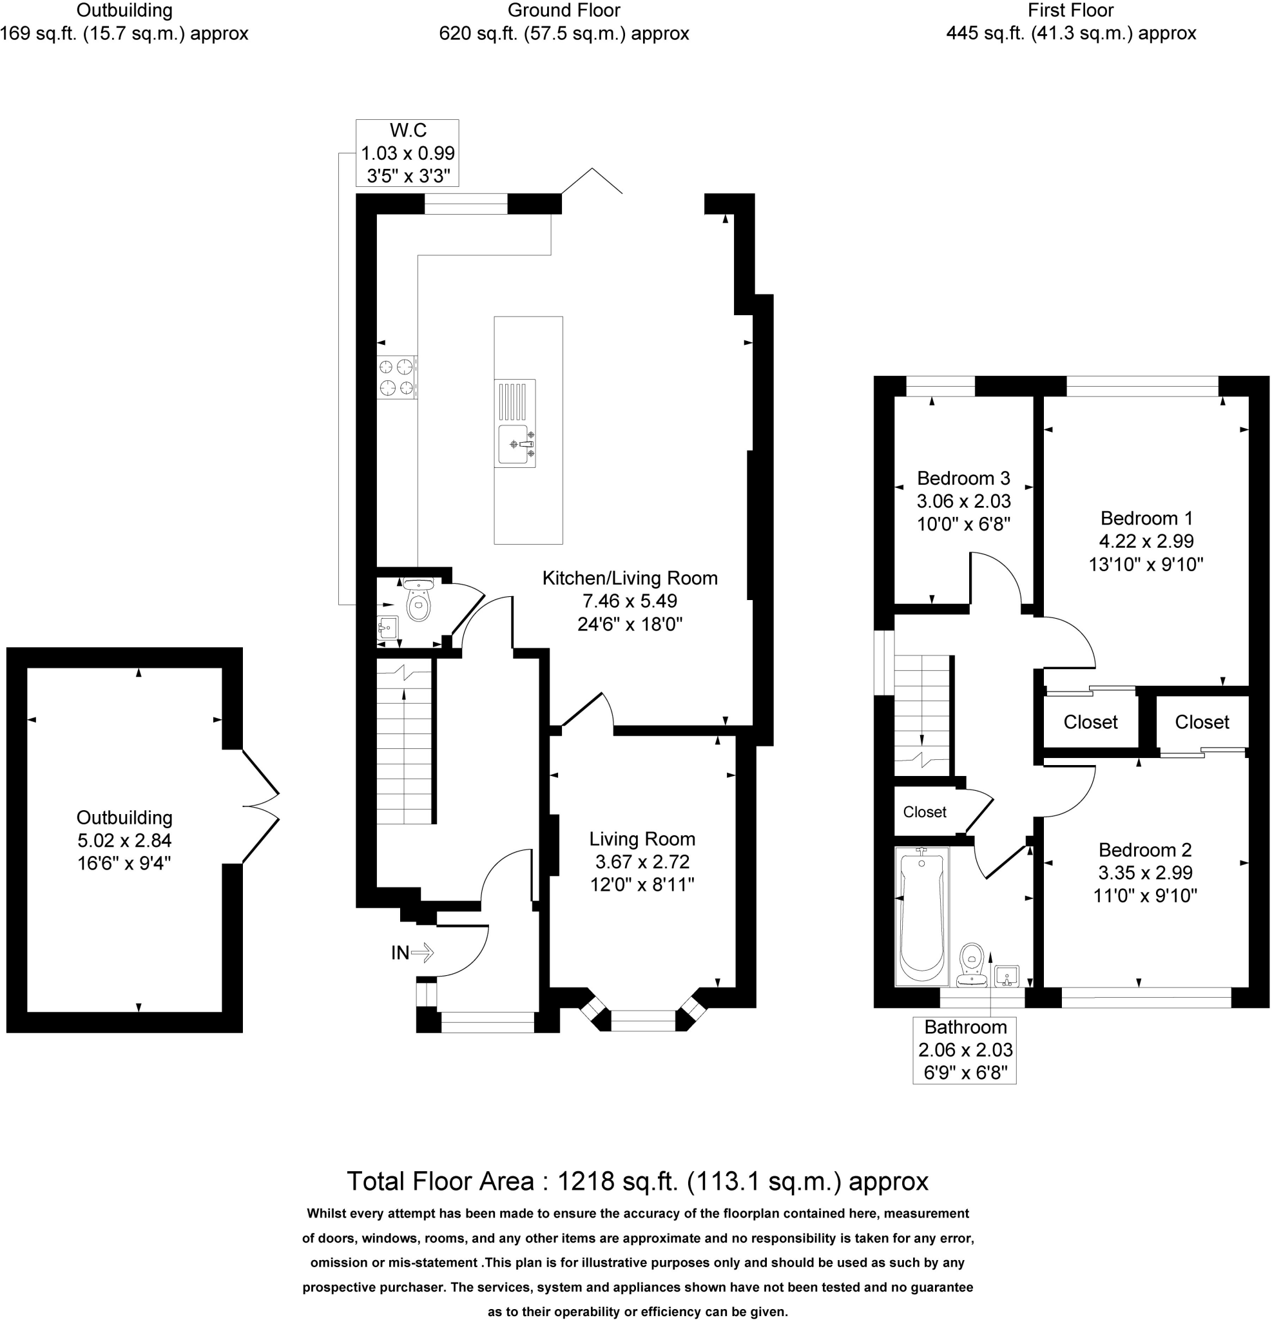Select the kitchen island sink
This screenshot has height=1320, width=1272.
click(516, 445)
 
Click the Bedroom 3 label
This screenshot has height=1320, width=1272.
click(963, 478)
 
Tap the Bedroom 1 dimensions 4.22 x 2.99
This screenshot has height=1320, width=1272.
click(1147, 541)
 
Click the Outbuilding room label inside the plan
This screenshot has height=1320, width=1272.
click(124, 818)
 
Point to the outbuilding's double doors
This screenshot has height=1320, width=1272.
click(260, 806)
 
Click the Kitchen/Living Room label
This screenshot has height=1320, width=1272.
click(630, 578)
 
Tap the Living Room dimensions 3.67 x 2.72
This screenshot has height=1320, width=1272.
click(642, 861)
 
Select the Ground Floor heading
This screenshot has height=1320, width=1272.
click(564, 10)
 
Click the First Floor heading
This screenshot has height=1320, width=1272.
click(1071, 10)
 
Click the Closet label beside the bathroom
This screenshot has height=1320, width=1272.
click(925, 812)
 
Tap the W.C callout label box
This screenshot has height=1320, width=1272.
click(407, 153)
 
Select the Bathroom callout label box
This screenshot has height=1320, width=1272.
click(965, 1050)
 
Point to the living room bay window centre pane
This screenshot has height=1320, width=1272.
click(643, 1020)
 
